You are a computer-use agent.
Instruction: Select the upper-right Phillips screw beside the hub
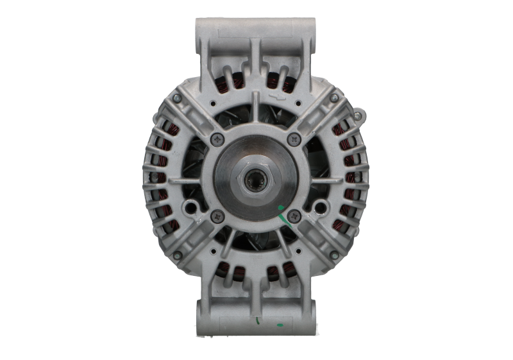click(294, 137)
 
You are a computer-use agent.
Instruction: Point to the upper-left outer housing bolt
click(176, 98)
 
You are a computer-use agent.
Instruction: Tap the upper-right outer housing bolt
click(334, 98)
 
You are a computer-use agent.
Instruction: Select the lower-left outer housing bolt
click(176, 255)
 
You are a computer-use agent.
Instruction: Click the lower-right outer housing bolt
click(334, 255)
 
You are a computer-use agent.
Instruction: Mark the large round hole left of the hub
click(190, 207)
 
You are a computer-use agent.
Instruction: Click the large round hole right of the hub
click(320, 207)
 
